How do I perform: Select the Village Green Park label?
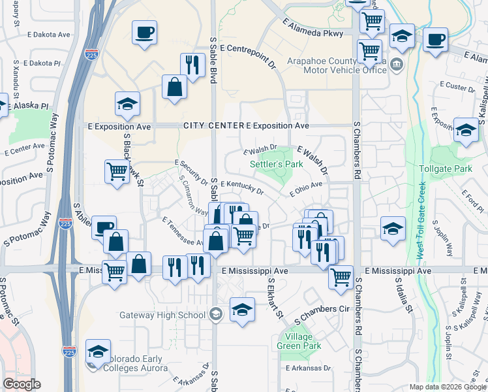click(x=299, y=341)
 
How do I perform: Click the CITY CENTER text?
click(x=213, y=125)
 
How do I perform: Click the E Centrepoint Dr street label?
click(x=248, y=48)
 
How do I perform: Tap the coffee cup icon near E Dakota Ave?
click(x=144, y=31)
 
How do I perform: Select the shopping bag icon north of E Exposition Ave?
click(x=175, y=87)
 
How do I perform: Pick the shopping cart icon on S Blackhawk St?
click(x=117, y=171)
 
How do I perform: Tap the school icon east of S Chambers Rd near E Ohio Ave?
click(x=392, y=229)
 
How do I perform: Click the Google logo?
click(x=22, y=384)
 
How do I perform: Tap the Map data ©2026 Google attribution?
click(x=447, y=387)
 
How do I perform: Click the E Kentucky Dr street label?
click(x=241, y=188)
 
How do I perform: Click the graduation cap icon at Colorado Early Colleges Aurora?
click(x=99, y=352)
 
